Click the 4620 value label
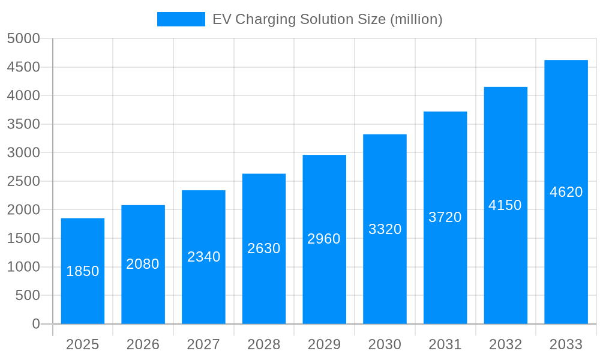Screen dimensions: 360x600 566,192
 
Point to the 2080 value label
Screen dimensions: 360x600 143,264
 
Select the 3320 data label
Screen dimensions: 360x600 385,229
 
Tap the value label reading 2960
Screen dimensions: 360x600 324,239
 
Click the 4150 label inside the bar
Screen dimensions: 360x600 505,205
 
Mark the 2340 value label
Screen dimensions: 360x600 203,257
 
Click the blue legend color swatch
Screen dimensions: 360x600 181,19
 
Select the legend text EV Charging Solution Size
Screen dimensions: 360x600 327,19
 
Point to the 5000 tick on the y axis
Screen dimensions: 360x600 23,38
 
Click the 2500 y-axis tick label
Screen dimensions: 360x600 23,181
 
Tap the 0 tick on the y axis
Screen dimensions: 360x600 35,324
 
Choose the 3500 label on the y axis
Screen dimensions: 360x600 23,124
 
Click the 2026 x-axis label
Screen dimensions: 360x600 143,344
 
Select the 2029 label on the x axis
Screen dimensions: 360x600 324,344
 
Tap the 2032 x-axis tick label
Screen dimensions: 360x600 505,344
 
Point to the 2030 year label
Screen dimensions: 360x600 385,344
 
